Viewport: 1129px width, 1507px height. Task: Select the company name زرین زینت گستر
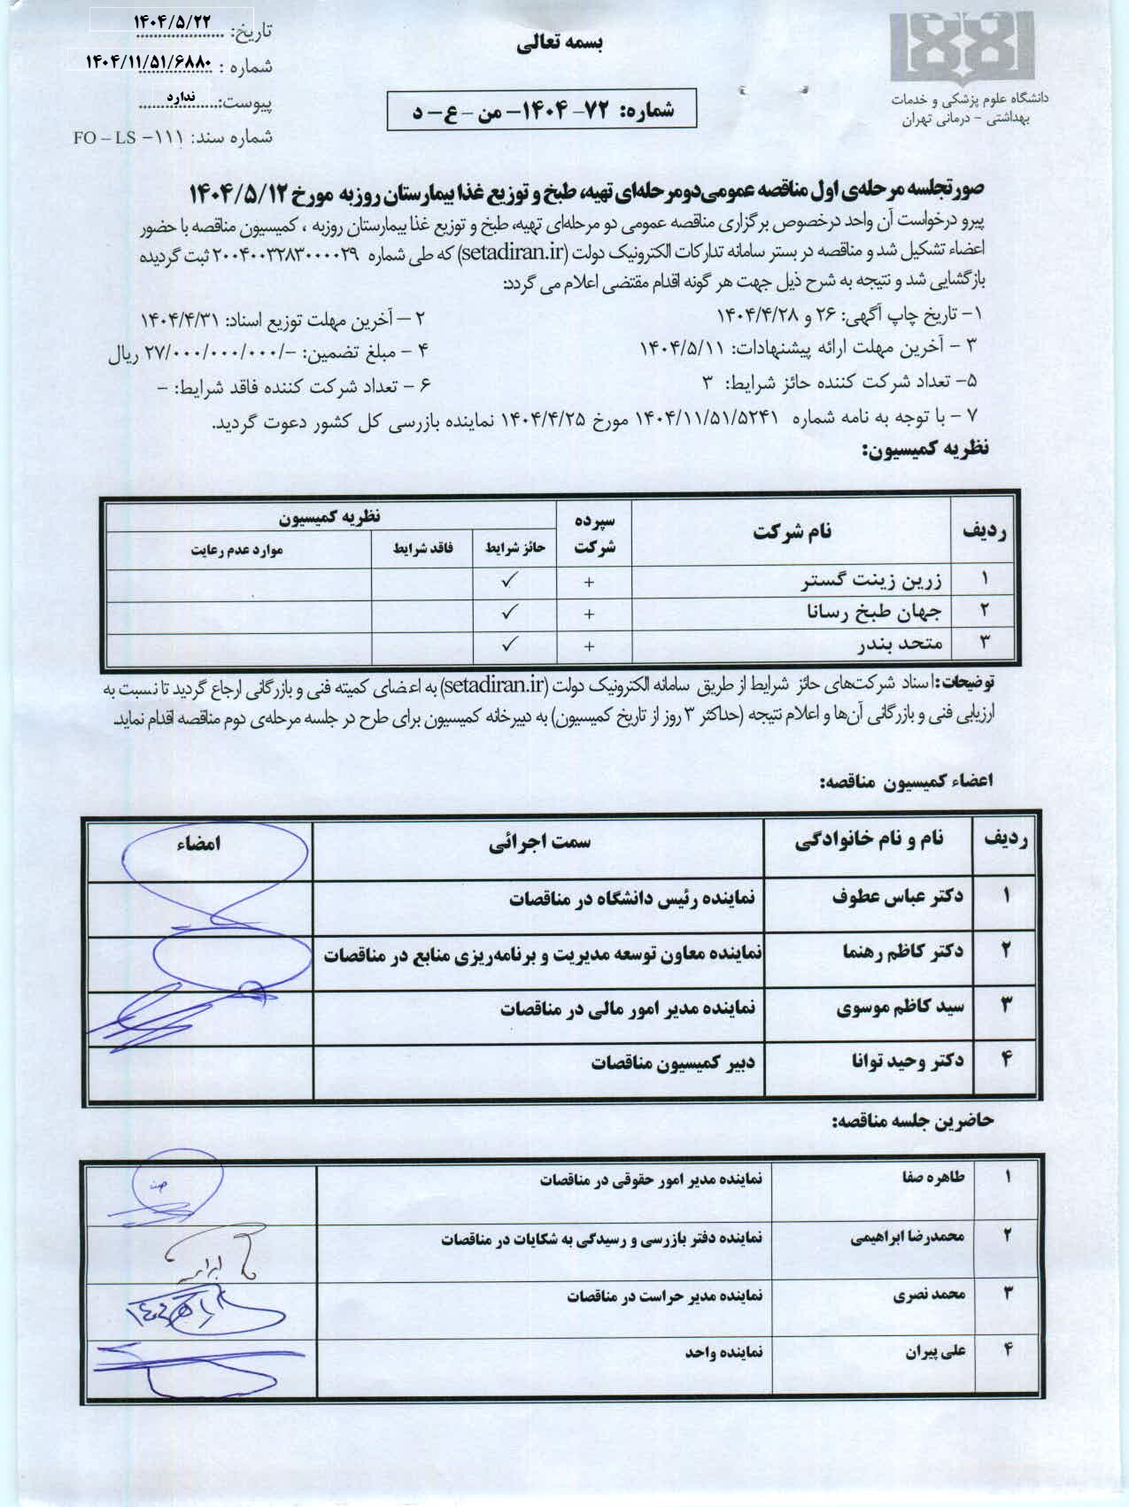click(871, 581)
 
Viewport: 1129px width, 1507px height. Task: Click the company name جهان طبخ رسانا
click(874, 612)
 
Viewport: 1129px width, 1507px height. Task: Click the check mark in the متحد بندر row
click(509, 645)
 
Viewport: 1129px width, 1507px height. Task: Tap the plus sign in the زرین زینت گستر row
click(590, 582)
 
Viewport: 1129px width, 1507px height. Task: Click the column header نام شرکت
click(793, 532)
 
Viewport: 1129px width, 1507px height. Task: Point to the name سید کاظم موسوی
click(901, 1007)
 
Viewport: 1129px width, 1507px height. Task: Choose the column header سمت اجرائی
click(539, 842)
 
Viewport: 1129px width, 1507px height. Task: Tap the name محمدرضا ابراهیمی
click(908, 1237)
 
